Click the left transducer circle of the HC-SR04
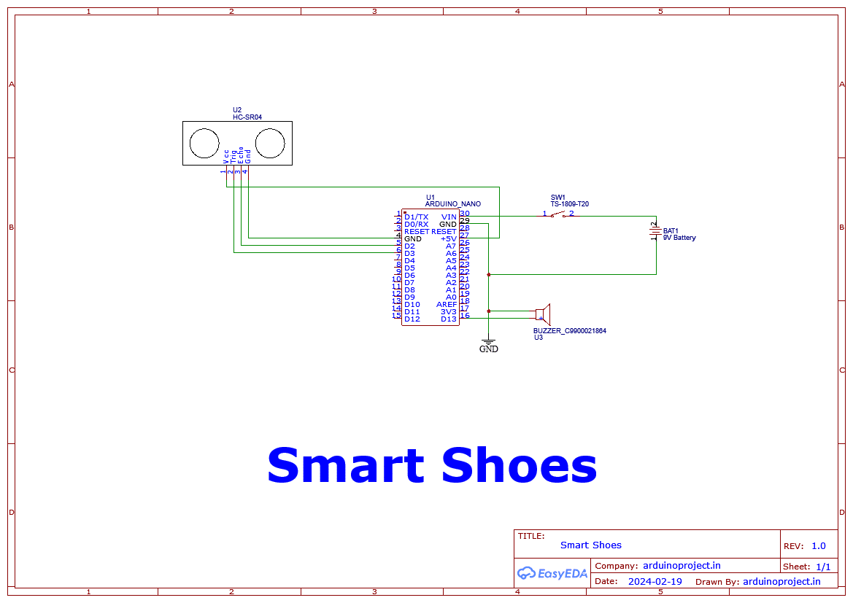click(204, 143)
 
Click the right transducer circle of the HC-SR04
click(269, 143)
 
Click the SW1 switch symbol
click(557, 214)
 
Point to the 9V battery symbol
click(656, 232)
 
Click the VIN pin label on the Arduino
click(449, 217)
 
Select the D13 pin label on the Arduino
click(448, 319)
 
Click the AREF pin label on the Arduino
click(447, 305)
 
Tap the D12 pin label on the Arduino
click(412, 319)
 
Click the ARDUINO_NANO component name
click(452, 204)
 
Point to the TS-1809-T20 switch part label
click(569, 204)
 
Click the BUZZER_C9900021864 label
click(569, 331)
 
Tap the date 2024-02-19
click(655, 582)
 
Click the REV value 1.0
click(818, 546)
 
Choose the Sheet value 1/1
click(822, 567)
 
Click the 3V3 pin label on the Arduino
click(448, 312)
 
